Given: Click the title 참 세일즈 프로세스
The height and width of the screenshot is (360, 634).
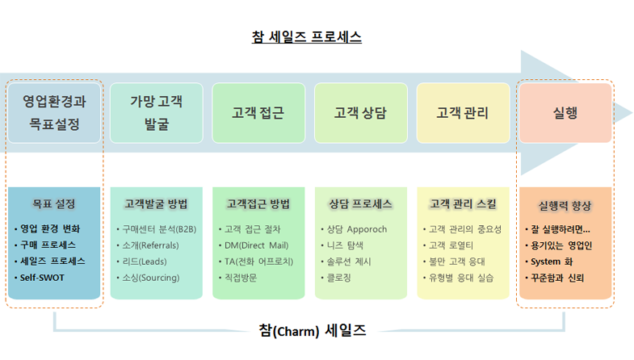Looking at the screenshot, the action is point(306,37).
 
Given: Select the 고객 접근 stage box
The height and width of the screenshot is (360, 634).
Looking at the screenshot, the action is point(258,113).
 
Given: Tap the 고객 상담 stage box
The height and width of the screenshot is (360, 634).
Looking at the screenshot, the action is point(361,113).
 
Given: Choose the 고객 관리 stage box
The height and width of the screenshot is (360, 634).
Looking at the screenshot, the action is point(463,113).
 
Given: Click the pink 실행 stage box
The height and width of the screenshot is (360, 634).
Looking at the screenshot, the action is point(565,113).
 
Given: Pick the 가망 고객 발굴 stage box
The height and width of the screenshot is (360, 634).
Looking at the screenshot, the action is point(157,113).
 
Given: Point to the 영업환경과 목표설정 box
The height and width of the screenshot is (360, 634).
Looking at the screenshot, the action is point(54,113).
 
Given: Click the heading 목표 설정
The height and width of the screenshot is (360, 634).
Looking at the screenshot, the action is point(54,203).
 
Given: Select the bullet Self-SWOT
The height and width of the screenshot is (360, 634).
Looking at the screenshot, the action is point(42,278).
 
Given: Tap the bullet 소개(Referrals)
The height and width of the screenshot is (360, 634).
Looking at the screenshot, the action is point(150,245).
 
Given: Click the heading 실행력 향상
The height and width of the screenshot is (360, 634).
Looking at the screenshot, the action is point(565,206).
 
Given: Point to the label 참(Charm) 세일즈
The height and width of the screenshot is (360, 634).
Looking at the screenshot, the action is point(312,330).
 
